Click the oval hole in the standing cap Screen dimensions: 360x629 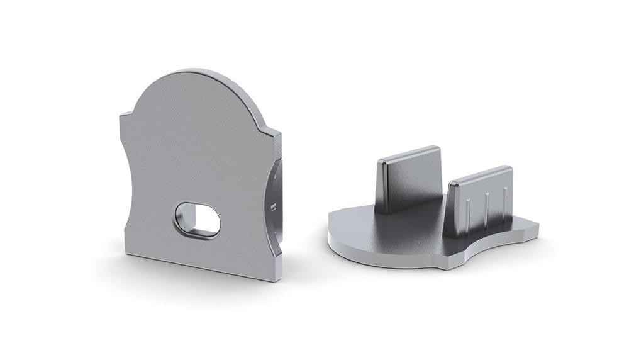(198, 220)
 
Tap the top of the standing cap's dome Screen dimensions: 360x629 (189, 71)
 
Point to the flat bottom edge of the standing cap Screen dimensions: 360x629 (201, 265)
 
